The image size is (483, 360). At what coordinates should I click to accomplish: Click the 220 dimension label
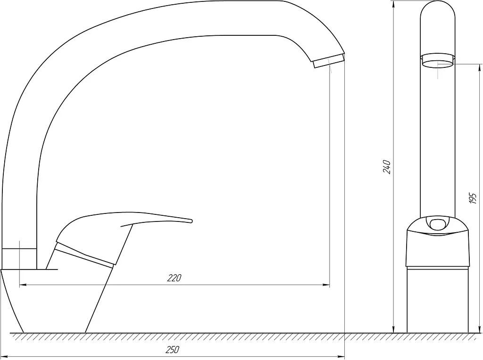[x=175, y=278]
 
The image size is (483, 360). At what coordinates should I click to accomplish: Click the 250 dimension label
[x=173, y=350]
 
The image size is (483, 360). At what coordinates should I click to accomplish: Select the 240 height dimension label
[x=387, y=167]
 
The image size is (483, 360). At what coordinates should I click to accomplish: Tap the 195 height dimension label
[x=473, y=198]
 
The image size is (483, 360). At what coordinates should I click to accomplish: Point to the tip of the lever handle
[x=192, y=221]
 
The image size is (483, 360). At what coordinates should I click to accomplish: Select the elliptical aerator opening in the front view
[x=438, y=64]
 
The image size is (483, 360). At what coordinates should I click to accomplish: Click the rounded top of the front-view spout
[x=438, y=3]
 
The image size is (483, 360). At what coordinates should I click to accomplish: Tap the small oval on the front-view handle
[x=437, y=224]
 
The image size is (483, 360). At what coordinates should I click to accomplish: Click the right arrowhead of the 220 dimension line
[x=326, y=285]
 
